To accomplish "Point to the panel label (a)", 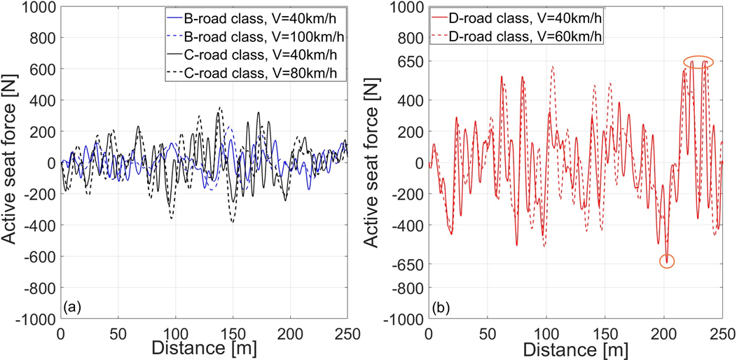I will [x=71, y=307].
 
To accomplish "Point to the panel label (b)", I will [x=439, y=307].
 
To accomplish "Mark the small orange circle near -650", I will [x=667, y=261].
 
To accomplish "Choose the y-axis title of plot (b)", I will [x=378, y=162].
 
